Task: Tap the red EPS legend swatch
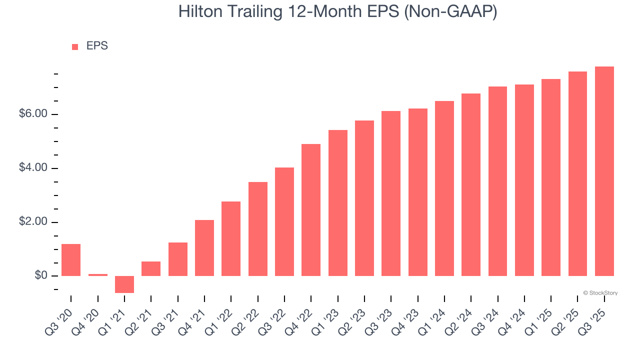75,46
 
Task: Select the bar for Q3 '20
71,260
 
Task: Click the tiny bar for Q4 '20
98,274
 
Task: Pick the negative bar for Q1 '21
124,284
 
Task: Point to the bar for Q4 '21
204,248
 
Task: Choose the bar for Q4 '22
311,210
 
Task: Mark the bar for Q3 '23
391,193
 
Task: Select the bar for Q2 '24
471,184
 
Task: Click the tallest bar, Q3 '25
604,171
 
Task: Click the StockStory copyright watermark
600,293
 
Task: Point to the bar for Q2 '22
258,229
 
